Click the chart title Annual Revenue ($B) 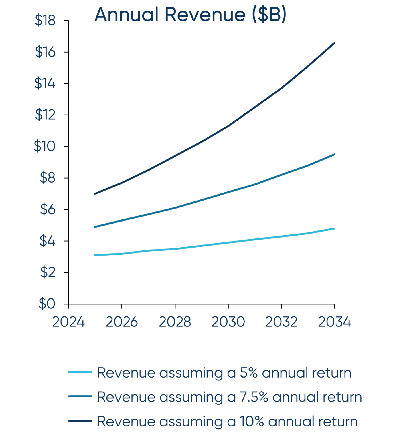[x=190, y=15]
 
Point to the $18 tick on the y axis [x=45, y=21]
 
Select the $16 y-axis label [x=45, y=52]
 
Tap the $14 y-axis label [x=45, y=83]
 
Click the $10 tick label [x=44, y=146]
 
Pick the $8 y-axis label [x=47, y=178]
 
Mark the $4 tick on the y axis [x=47, y=241]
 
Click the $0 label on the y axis [x=47, y=304]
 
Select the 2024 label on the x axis [x=68, y=322]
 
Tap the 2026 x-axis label [x=122, y=322]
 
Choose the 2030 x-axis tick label [x=228, y=322]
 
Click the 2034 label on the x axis [x=334, y=322]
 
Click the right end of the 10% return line [x=334, y=43]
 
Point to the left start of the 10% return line [x=95, y=194]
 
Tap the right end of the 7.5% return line [x=334, y=154]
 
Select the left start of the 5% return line [x=95, y=255]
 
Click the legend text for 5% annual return [x=224, y=373]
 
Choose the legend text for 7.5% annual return [x=230, y=397]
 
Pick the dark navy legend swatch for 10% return [x=80, y=421]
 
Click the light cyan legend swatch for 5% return [x=80, y=372]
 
